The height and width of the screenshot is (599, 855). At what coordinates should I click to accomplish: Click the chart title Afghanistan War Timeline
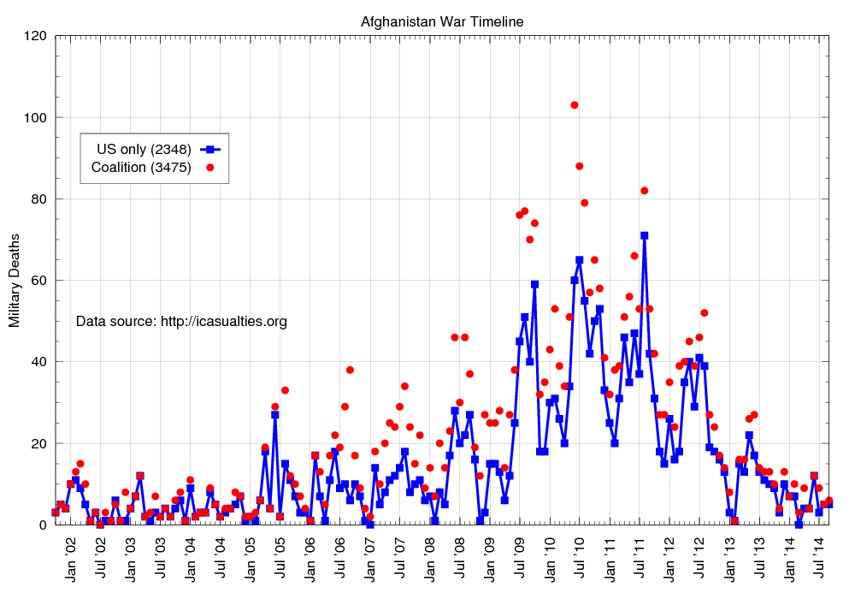442,21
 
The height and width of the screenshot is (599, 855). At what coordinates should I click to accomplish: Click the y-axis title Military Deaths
15,280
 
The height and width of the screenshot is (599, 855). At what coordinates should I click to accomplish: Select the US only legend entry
144,149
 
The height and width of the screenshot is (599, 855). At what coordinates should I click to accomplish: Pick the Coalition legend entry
141,167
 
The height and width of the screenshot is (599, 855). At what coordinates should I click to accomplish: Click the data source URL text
181,322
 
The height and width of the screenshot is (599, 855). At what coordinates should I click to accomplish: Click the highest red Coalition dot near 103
575,105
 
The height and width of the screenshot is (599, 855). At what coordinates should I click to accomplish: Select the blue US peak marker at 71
644,235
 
